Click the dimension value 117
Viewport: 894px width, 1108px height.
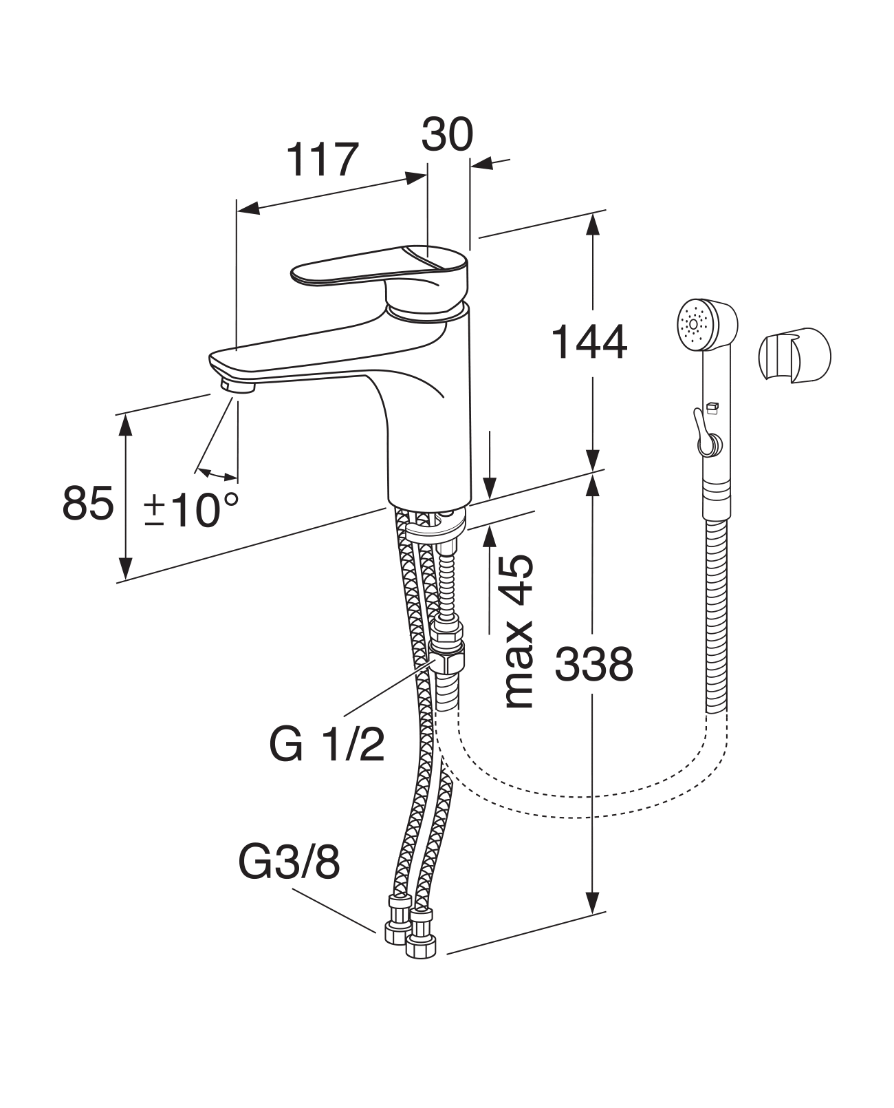click(323, 160)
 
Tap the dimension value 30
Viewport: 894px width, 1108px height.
click(447, 134)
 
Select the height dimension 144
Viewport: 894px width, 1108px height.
click(590, 342)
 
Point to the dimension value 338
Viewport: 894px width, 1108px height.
click(593, 665)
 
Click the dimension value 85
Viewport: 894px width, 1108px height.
click(87, 504)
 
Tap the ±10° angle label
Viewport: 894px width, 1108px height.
click(192, 510)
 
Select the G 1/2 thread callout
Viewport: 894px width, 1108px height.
click(327, 744)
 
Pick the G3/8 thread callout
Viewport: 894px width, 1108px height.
click(290, 862)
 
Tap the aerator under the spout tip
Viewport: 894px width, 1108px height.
click(238, 386)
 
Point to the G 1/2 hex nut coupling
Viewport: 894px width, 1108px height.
click(448, 657)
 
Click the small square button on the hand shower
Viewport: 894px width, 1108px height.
click(712, 407)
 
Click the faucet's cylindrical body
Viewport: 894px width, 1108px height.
click(430, 427)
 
